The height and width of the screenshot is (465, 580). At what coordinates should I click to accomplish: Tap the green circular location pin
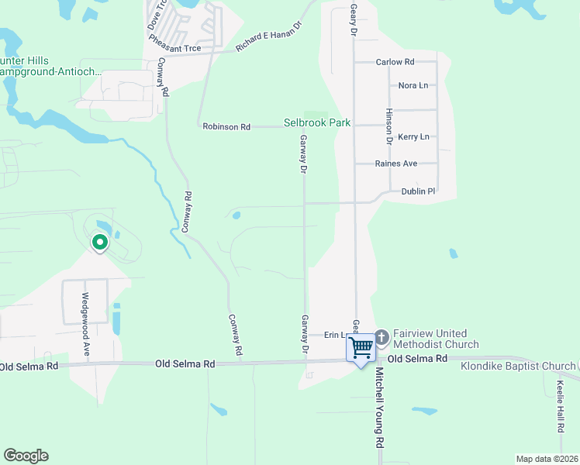coord(99,243)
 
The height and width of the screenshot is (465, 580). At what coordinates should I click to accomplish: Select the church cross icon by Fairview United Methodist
coord(381,338)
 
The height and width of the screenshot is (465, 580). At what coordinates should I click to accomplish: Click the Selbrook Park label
coord(316,123)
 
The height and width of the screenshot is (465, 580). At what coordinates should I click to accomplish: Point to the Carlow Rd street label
coord(395,62)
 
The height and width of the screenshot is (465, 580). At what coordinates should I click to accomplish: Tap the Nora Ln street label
coord(413,85)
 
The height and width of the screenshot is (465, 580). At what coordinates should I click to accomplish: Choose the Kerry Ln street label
coord(413,137)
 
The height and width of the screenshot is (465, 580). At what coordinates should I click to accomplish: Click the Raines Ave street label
coord(396,164)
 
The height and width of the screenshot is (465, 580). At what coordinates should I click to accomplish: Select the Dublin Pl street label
coord(419,191)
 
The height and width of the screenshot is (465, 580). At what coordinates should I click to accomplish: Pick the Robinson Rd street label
coord(226,126)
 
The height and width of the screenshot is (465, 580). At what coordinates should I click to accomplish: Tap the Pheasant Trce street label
coord(174,48)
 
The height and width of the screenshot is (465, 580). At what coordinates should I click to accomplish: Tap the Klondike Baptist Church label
coord(518,366)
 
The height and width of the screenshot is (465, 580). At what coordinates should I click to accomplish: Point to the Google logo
coord(26,456)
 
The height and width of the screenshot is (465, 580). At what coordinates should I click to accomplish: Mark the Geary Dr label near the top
coord(353,19)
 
